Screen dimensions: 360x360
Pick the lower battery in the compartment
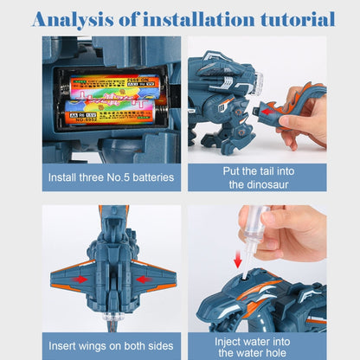[108, 112]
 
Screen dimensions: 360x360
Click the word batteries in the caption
[146, 177]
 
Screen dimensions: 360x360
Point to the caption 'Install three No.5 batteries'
[112, 177]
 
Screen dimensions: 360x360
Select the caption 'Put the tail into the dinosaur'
[257, 177]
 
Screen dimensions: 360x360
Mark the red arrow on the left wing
[81, 280]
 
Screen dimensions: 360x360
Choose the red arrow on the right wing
[142, 280]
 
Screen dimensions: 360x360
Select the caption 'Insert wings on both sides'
[112, 346]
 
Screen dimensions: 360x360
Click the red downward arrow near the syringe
[237, 260]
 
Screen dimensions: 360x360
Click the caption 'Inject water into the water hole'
[257, 346]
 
